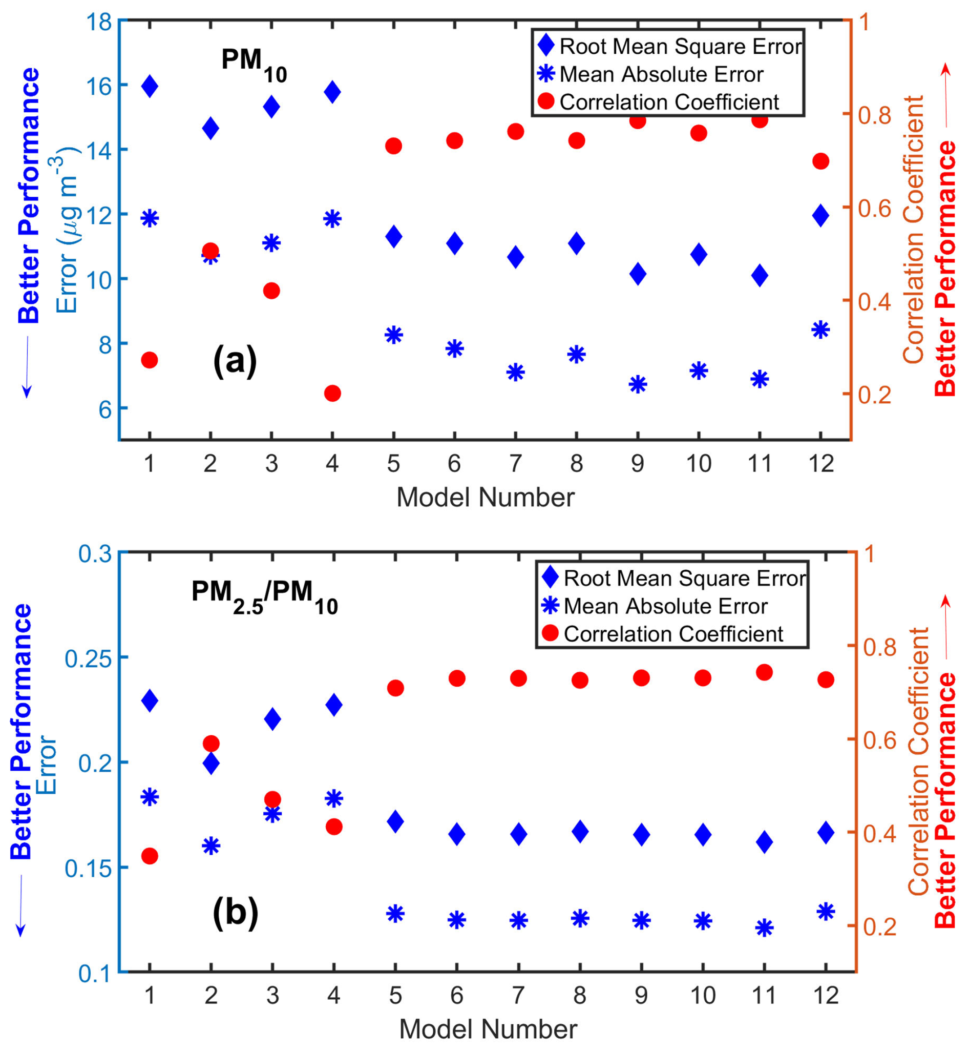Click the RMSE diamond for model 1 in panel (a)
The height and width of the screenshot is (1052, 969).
(x=150, y=86)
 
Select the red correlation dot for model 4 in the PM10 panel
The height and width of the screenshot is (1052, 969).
(x=332, y=393)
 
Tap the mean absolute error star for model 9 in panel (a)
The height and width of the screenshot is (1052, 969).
(x=638, y=384)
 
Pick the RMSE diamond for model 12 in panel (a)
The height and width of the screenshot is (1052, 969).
(x=820, y=215)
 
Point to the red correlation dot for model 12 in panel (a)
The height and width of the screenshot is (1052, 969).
(x=820, y=161)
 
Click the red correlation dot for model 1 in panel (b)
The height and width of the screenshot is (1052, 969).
(x=150, y=856)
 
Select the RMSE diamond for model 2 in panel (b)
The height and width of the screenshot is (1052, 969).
(x=211, y=764)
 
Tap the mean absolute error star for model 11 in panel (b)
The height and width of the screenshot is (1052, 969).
(x=764, y=928)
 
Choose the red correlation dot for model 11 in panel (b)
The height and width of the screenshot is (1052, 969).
(x=764, y=672)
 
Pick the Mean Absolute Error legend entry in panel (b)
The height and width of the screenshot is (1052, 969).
(x=665, y=606)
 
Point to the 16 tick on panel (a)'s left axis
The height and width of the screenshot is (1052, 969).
(x=98, y=86)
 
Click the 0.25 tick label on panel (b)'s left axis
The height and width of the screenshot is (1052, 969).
(x=88, y=658)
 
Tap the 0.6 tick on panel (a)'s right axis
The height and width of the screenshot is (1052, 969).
(x=874, y=208)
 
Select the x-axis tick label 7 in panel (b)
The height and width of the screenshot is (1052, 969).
(x=518, y=995)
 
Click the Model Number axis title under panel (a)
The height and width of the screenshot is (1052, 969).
(x=485, y=497)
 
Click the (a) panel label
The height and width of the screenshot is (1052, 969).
(x=235, y=361)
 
